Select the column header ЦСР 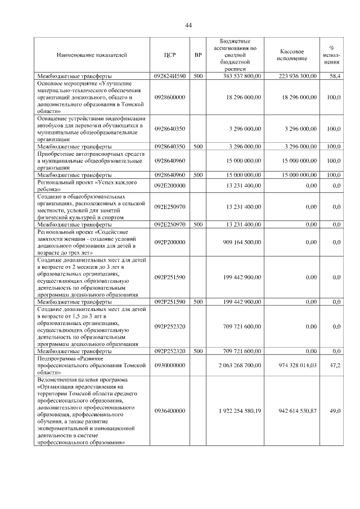(x=170, y=55)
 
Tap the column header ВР (x=198, y=55)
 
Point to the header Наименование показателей (x=92, y=55)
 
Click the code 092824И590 (x=170, y=75)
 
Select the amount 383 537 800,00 (x=242, y=75)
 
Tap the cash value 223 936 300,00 (x=298, y=75)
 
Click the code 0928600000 (x=170, y=97)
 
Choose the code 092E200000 (x=170, y=185)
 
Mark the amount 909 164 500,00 (x=242, y=242)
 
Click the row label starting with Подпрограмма (x=92, y=365)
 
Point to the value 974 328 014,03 (x=298, y=365)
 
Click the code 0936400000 (x=170, y=411)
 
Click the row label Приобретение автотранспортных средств (x=92, y=160)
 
